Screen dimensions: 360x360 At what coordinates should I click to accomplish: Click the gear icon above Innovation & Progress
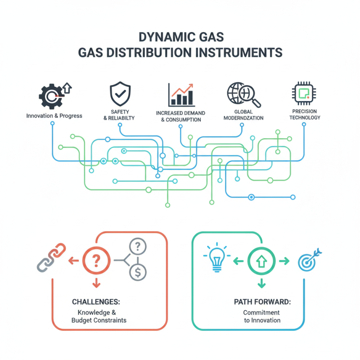pyautogui.click(x=50, y=95)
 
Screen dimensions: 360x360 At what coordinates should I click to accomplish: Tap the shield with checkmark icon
pyautogui.click(x=119, y=94)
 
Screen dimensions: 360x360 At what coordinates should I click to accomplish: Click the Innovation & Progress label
pyautogui.click(x=54, y=116)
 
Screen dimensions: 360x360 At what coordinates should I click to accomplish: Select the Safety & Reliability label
pyautogui.click(x=119, y=115)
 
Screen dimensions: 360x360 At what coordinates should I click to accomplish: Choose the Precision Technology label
pyautogui.click(x=305, y=114)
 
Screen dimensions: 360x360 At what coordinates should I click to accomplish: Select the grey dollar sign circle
pyautogui.click(x=137, y=271)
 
